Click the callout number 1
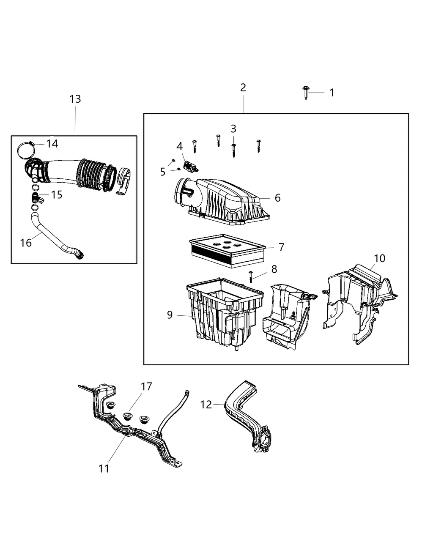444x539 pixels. pos(332,93)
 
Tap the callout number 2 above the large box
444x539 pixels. pos(243,88)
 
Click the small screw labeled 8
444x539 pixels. pos(251,276)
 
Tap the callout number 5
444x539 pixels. pos(163,172)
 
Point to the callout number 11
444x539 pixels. pos(104,468)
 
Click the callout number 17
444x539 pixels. pos(146,386)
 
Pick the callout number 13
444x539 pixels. pos(75,99)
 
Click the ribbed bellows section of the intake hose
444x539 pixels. pos(95,175)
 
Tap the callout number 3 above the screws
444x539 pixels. pos(233,129)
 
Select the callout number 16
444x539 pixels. pos(26,243)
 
